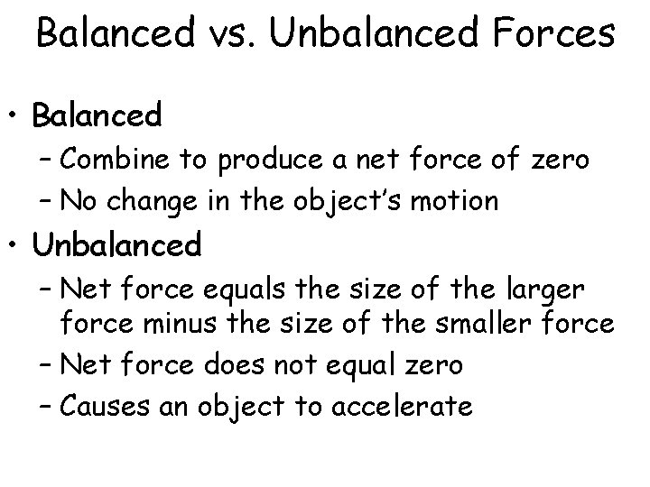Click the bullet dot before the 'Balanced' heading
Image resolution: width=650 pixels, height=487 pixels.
15,117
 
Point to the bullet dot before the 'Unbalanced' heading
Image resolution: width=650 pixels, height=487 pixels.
15,244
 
